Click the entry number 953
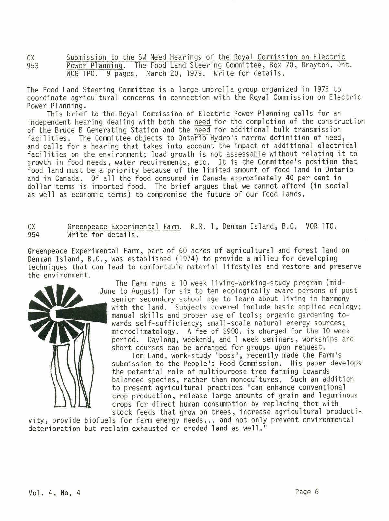(x=33, y=66)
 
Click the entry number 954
(x=33, y=234)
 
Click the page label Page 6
(x=307, y=492)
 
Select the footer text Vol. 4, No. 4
(x=54, y=493)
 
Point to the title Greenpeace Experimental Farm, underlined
(x=123, y=227)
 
